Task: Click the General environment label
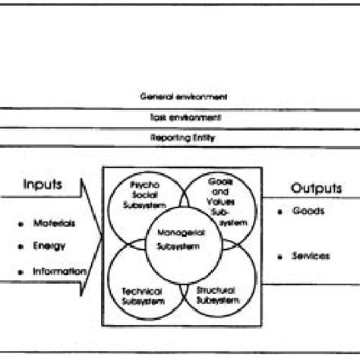(183, 97)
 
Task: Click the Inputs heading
(43, 185)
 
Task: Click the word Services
(310, 256)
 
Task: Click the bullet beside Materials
(18, 224)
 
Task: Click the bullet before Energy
(18, 246)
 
